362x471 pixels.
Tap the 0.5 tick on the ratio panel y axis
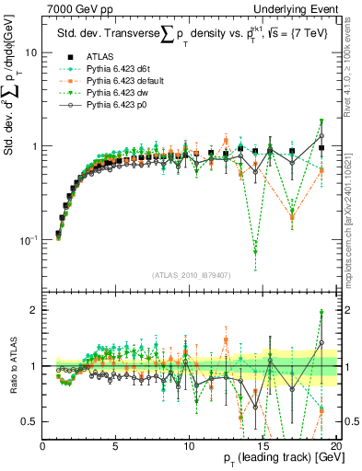(30, 421)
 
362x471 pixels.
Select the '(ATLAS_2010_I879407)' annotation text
(191, 273)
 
